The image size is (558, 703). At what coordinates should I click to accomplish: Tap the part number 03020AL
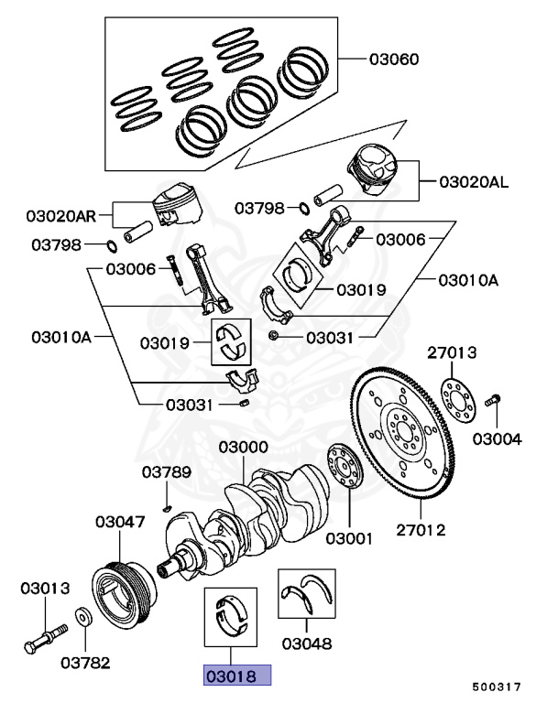tap(472, 182)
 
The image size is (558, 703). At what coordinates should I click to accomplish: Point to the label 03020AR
tap(61, 217)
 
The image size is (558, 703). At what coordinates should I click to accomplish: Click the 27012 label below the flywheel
tap(421, 529)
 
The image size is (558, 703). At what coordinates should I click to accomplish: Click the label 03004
tap(497, 438)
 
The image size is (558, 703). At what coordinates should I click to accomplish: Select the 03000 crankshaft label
tap(243, 448)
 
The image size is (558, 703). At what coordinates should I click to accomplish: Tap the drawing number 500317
tap(497, 685)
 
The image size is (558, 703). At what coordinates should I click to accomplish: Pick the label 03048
tap(306, 643)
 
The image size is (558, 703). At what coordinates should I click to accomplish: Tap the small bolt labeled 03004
tap(492, 400)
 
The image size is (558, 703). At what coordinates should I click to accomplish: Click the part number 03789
tap(166, 472)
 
